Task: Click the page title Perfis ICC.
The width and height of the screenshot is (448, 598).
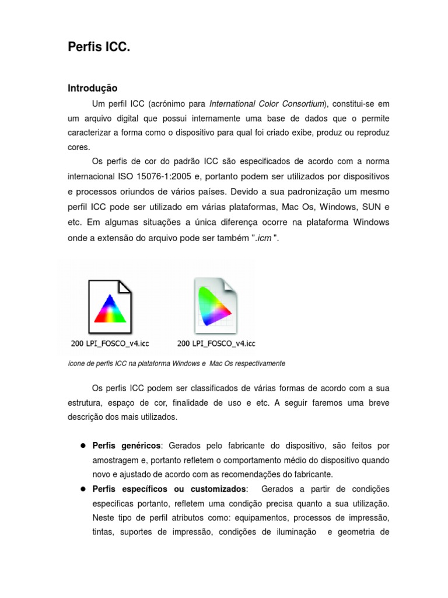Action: point(99,47)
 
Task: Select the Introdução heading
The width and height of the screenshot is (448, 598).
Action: point(93,88)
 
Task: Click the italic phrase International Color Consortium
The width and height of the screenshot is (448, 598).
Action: point(267,104)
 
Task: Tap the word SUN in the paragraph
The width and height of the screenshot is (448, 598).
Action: point(368,207)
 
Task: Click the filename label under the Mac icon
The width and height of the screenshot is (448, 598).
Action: point(216,343)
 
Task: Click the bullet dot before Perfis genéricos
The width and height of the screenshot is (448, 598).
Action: point(83,446)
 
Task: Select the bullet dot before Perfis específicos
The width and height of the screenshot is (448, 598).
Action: point(83,488)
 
